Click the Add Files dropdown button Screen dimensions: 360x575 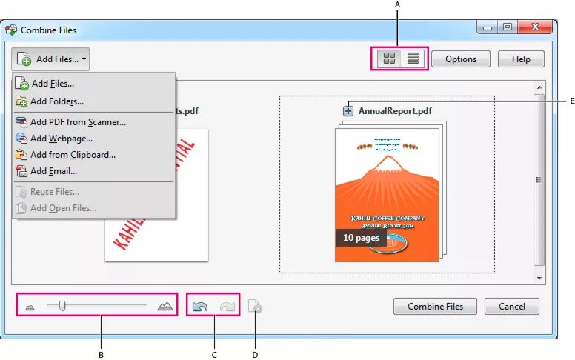click(50, 59)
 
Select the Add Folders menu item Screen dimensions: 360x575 click(56, 101)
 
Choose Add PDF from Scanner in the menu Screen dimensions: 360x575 click(77, 121)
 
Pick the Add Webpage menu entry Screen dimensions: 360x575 click(61, 139)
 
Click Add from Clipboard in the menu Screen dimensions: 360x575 click(72, 155)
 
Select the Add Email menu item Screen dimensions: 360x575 click(53, 171)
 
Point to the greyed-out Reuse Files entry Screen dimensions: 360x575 click(54, 192)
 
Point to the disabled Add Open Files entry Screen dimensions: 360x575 click(63, 208)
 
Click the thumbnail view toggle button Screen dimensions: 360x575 click(388, 59)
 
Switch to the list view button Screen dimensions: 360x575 click(413, 59)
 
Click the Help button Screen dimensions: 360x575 click(521, 59)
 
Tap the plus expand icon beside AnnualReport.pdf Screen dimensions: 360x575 click(348, 111)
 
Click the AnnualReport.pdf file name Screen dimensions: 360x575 click(395, 111)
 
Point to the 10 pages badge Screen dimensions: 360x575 click(361, 238)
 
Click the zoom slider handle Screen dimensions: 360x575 click(63, 305)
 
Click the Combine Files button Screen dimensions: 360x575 click(435, 306)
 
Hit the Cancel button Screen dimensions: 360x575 click(511, 306)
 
